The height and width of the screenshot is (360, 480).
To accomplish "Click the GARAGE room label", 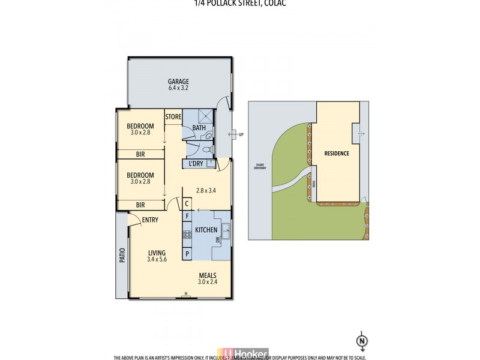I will [x=178, y=82].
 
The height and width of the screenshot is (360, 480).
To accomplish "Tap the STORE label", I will [x=173, y=116].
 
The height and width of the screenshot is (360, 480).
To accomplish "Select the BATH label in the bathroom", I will [x=199, y=127].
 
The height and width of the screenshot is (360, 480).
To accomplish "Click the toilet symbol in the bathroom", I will [x=205, y=150].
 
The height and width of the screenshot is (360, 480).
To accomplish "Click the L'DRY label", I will [x=195, y=163].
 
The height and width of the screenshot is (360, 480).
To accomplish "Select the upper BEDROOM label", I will [x=140, y=126].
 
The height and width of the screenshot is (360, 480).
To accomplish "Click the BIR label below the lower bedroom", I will [x=140, y=205].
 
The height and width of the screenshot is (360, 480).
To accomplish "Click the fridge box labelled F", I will [x=187, y=215].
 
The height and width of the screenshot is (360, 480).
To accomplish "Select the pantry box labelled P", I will [x=187, y=254].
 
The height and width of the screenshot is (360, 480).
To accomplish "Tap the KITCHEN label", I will [x=206, y=230].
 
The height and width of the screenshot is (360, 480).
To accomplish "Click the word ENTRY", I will [x=150, y=220].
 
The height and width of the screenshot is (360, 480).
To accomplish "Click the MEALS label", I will [x=208, y=275].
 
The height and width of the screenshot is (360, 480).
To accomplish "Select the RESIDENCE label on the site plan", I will [x=337, y=154].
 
